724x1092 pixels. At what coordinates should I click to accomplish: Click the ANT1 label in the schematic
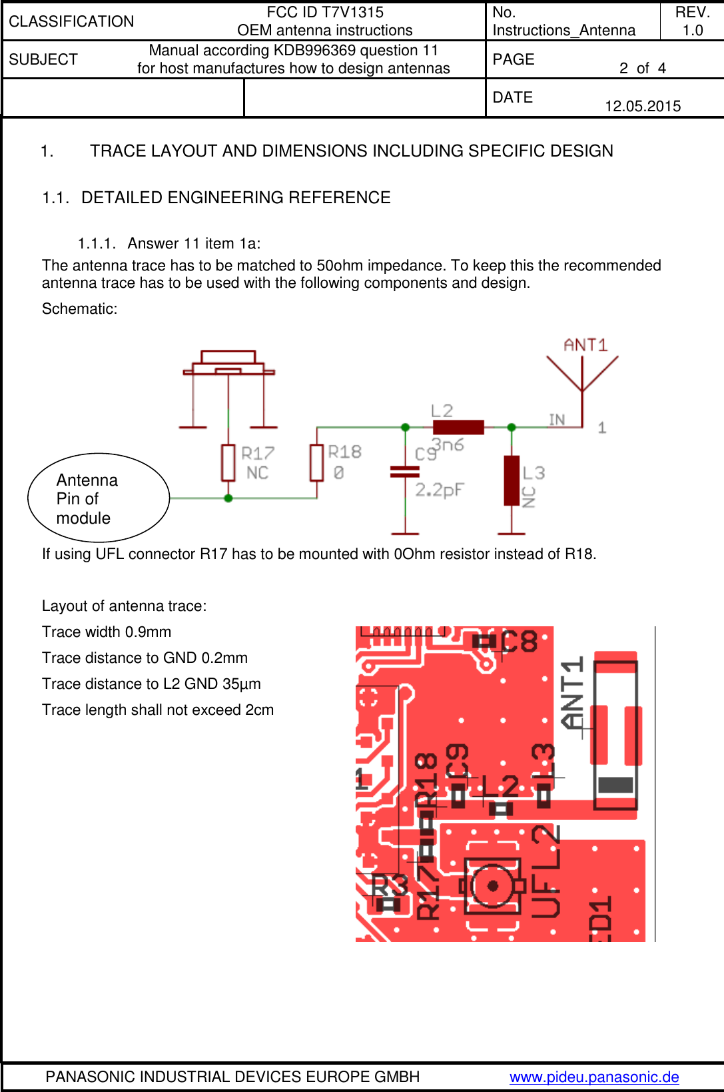585,345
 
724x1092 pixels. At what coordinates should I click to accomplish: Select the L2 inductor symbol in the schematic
458,427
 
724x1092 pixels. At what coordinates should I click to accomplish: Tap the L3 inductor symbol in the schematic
512,480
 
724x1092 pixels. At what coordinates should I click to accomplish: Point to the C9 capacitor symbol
405,472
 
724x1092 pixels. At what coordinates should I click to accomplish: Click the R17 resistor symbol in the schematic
228,462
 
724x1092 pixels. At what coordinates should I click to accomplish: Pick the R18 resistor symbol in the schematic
317,462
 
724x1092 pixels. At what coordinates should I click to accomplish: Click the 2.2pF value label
440,490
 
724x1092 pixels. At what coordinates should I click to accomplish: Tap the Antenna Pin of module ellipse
99,498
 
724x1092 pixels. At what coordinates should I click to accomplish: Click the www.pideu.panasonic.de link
594,1077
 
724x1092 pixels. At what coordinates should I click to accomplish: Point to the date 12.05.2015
643,106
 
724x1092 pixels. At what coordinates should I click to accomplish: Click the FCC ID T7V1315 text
325,12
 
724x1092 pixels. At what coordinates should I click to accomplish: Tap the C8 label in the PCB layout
520,642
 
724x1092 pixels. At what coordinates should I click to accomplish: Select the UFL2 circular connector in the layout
493,885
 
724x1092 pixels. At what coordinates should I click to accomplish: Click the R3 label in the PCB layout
389,886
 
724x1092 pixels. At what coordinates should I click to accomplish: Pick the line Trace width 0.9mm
107,632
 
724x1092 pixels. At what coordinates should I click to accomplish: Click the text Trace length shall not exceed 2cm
158,710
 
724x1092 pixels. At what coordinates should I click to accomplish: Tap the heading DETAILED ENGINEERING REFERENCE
236,197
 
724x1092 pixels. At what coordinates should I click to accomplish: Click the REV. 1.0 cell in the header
692,21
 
